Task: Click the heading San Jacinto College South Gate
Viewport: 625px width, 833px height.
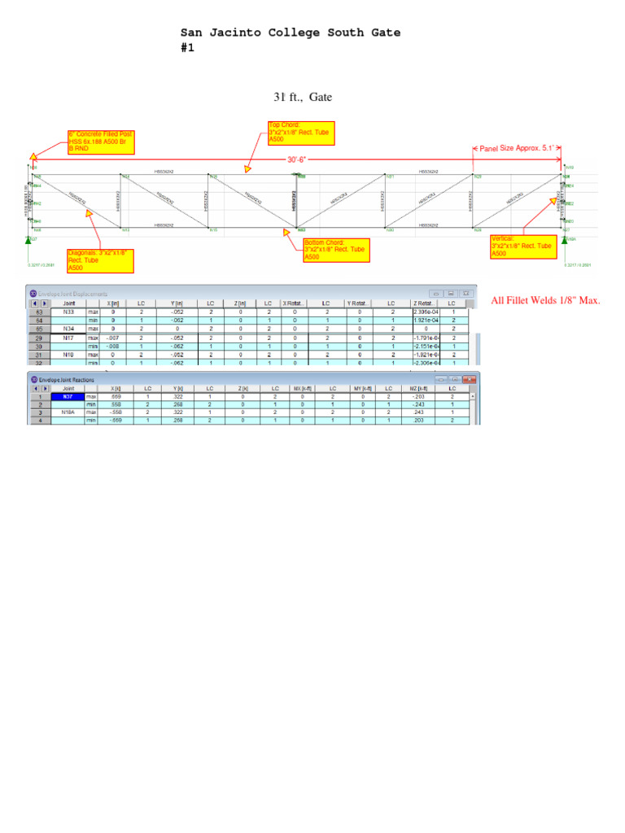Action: pos(291,33)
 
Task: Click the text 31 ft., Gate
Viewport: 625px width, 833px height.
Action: pos(303,98)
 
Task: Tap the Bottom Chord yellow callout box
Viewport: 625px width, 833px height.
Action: pos(336,250)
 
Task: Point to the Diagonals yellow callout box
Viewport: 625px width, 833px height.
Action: pos(100,260)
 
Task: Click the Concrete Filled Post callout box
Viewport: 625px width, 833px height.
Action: pos(101,142)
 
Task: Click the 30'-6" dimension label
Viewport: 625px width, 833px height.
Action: pos(297,160)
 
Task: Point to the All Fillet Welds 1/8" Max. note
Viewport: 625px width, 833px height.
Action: pos(545,301)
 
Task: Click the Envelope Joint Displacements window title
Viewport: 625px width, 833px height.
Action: pos(73,293)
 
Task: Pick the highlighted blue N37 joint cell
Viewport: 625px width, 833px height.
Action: pos(68,397)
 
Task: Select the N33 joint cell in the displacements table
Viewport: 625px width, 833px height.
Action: pos(68,312)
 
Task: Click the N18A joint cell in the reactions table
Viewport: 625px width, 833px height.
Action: pos(68,412)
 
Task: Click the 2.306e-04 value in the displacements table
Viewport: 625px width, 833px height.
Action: pos(426,312)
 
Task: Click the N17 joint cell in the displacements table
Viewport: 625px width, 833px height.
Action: pos(68,337)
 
